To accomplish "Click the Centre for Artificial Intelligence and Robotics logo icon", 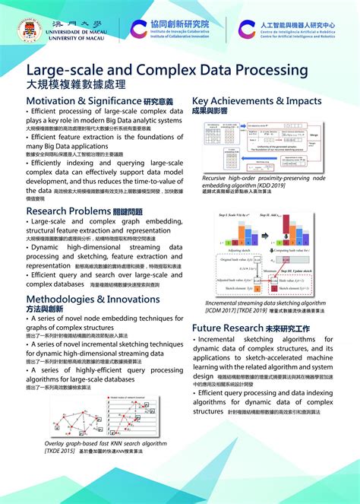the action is coord(247,30).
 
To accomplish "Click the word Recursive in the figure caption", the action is coord(219,177).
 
